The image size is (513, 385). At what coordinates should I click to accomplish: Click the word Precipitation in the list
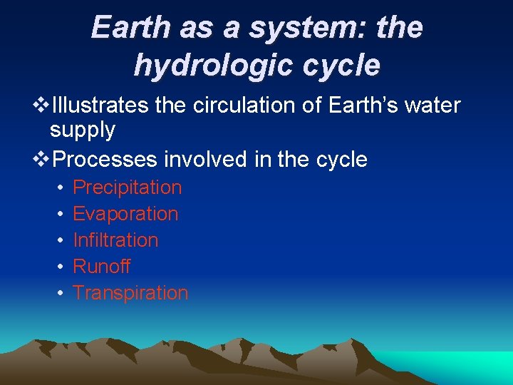coord(128,188)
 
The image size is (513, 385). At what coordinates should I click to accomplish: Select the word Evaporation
coord(125,214)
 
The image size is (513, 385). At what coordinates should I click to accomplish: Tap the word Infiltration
coord(115,240)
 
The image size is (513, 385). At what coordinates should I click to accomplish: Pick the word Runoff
coord(102,267)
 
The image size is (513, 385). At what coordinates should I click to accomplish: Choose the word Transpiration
coord(130,293)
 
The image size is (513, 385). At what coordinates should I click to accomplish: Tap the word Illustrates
coord(100,106)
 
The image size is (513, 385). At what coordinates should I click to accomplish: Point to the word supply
coord(83,130)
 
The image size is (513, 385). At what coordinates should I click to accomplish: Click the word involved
coord(209,159)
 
